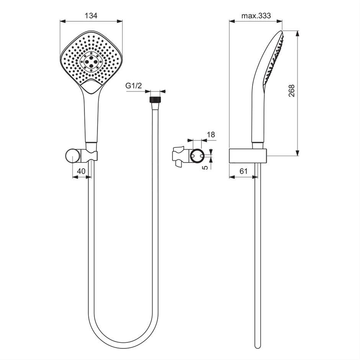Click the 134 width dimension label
click(91, 16)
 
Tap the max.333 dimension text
click(256, 16)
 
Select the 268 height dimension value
click(291, 91)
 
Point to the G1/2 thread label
click(134, 86)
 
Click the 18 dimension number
click(211, 134)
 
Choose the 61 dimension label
click(244, 171)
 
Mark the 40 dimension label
click(81, 171)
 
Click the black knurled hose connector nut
click(155, 100)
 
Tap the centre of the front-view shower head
click(91, 61)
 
